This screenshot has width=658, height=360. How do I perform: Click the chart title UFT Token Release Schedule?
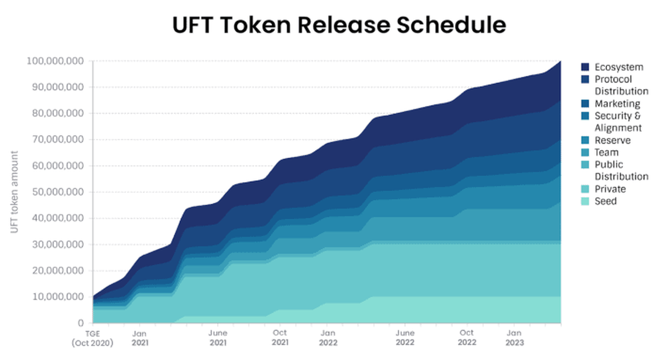pos(339,25)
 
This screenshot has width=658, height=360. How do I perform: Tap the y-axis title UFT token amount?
pos(15,192)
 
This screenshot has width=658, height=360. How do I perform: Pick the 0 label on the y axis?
pos(80,323)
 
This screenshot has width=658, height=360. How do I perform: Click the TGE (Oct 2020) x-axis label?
pos(92,338)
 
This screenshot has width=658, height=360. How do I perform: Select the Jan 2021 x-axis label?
pos(139,338)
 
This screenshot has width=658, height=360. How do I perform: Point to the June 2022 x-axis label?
pos(405,338)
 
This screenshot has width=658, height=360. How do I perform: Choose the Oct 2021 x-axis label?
pos(280,338)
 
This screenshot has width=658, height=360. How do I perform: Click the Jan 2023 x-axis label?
pos(514,338)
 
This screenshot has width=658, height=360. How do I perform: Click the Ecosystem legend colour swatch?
pos(585,67)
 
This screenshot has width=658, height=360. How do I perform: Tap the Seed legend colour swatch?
pos(585,201)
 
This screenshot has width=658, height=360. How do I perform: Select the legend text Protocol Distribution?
pos(621,85)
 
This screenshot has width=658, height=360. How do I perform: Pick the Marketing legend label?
pos(617,104)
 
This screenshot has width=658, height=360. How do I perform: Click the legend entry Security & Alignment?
pos(618,122)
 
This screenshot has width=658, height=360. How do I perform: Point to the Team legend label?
pos(606,152)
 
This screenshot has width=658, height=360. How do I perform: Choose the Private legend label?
pos(610,189)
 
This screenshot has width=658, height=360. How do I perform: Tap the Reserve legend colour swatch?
pos(585,140)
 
